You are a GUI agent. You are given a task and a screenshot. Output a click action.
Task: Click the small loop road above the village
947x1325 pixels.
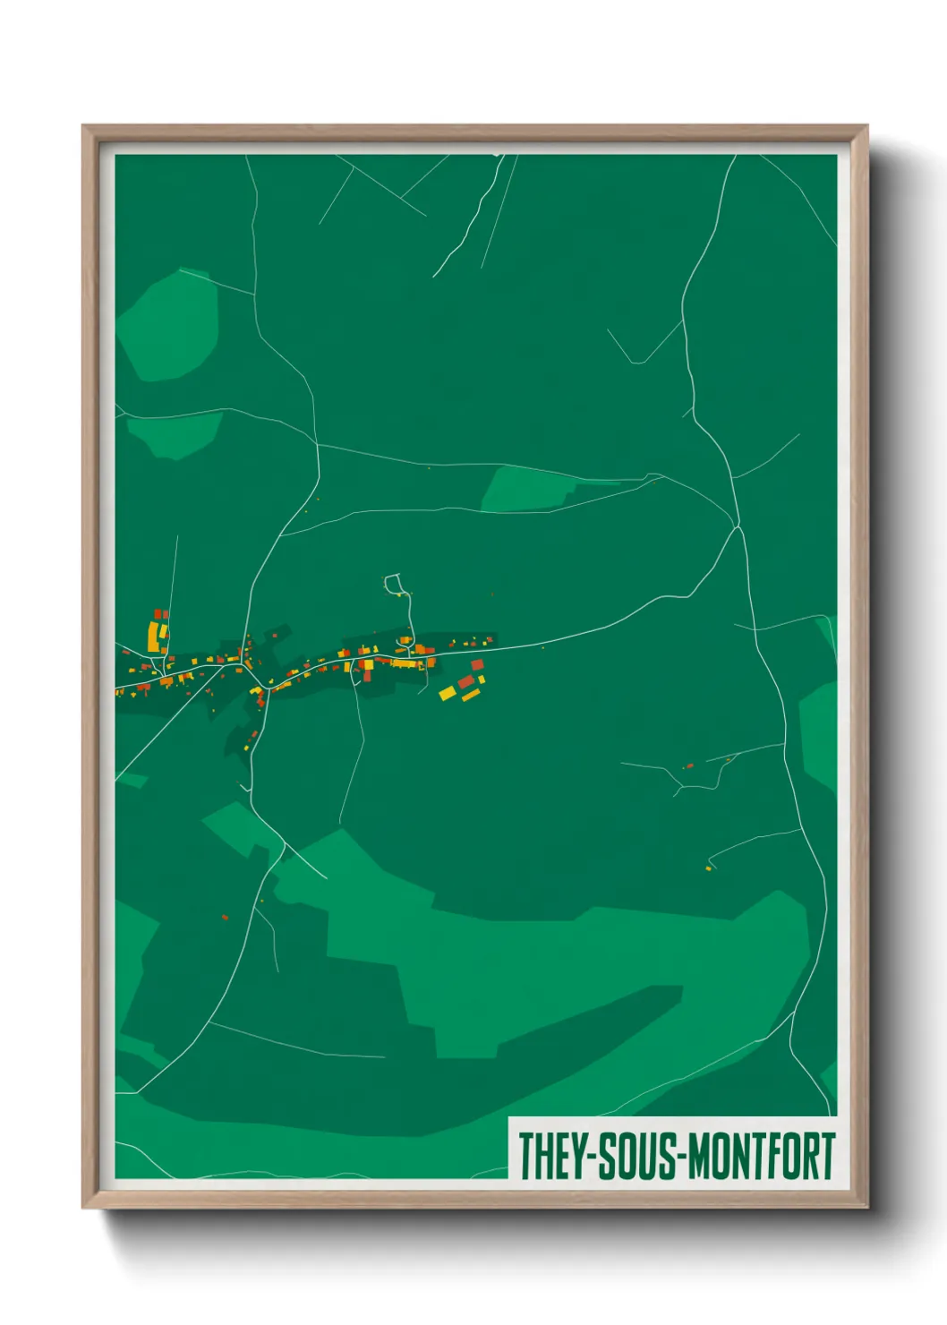click(394, 585)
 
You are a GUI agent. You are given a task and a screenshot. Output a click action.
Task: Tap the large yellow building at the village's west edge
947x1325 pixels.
click(153, 637)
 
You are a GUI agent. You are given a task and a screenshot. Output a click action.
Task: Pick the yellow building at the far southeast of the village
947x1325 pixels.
click(447, 693)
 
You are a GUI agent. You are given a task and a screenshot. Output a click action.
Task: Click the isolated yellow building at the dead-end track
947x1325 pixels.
click(708, 868)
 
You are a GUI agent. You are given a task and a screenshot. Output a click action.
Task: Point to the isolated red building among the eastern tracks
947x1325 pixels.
click(688, 765)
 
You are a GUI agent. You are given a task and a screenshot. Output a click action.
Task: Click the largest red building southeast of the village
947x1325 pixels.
click(465, 682)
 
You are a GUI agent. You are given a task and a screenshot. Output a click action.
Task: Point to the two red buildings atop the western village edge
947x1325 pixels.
click(161, 614)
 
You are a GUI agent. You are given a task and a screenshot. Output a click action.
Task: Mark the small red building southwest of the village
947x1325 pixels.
click(225, 917)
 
